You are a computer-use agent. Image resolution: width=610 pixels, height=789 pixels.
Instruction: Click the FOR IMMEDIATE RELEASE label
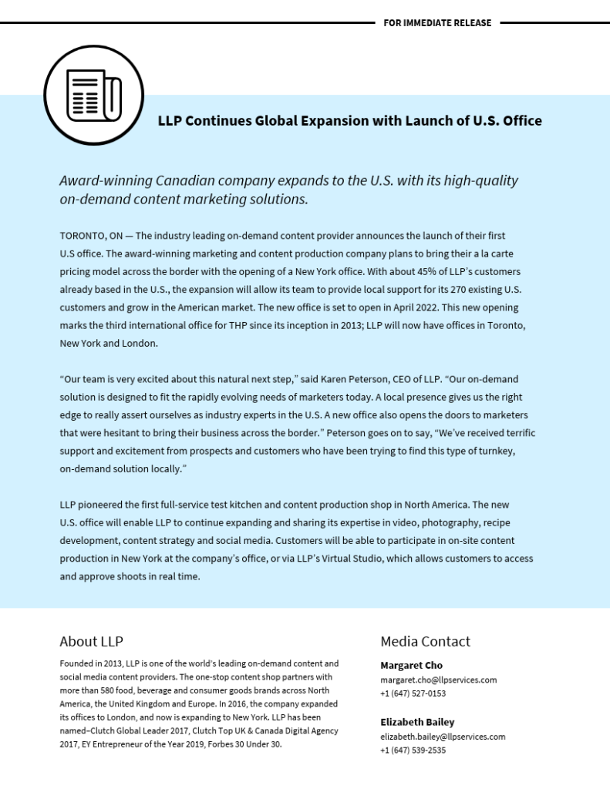[437, 23]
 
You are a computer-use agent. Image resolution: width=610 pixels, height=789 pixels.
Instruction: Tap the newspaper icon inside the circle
[93, 96]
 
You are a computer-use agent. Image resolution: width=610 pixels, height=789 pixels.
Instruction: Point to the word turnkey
[497, 451]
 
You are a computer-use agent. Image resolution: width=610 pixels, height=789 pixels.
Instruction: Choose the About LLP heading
[91, 642]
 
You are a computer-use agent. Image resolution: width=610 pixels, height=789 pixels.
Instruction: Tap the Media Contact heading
[425, 642]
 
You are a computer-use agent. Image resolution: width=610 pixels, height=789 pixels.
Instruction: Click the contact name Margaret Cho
[411, 666]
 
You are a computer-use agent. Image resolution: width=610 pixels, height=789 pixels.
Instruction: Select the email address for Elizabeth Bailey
[443, 737]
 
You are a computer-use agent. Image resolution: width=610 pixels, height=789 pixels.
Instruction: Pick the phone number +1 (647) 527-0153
[413, 693]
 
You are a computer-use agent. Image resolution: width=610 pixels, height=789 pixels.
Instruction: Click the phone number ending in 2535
[413, 750]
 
